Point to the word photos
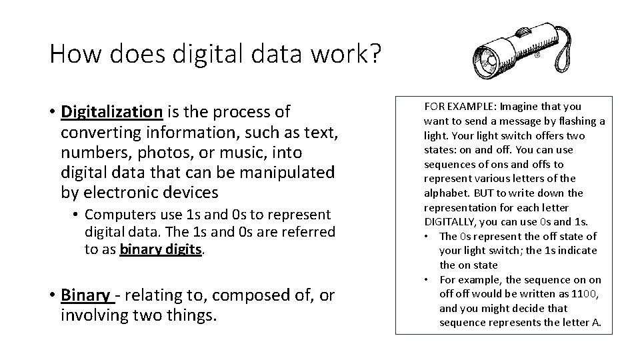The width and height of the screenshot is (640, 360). pyautogui.click(x=162, y=152)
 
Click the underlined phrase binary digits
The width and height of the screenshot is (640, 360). pyautogui.click(x=160, y=249)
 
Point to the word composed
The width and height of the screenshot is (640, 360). pyautogui.click(x=237, y=294)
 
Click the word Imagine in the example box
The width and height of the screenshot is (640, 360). pyautogui.click(x=518, y=106)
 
